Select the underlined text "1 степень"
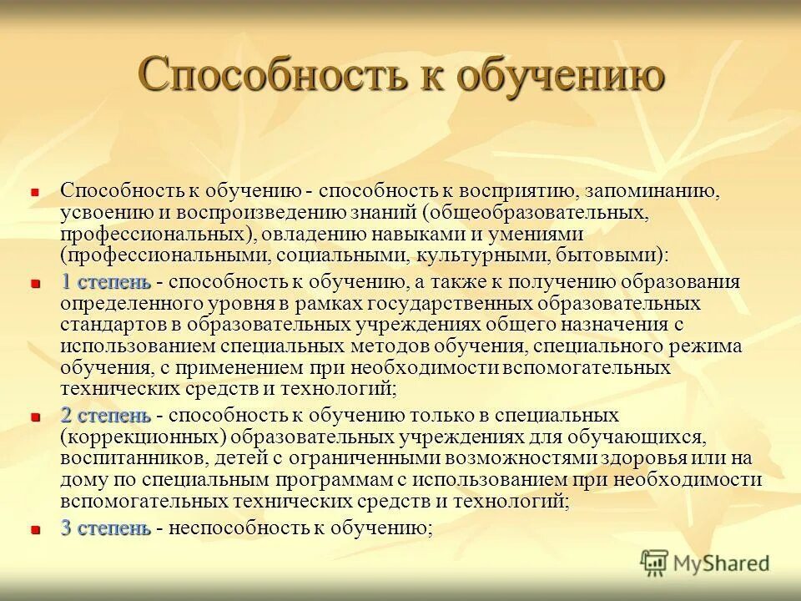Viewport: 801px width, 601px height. click(x=106, y=281)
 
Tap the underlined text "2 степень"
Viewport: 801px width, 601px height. click(x=106, y=415)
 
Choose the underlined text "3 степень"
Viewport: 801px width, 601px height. click(x=106, y=528)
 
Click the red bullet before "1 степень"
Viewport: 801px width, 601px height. click(x=35, y=284)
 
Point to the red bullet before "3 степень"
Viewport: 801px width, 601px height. click(x=35, y=530)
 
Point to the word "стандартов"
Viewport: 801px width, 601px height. click(x=110, y=323)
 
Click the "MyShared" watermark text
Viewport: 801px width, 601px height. click(x=721, y=563)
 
